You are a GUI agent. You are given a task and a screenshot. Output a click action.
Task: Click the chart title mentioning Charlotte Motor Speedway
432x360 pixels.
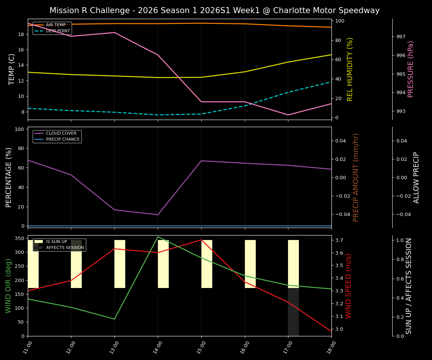(214, 10)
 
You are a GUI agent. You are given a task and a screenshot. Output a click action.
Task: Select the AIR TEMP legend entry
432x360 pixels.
(55, 25)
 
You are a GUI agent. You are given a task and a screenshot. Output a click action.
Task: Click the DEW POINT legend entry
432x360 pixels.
(58, 31)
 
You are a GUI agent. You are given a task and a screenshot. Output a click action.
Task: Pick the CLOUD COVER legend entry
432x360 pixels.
(61, 133)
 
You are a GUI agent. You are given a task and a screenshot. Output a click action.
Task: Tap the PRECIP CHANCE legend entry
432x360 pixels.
(63, 139)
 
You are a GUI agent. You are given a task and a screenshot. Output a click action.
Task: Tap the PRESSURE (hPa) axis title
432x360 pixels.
(411, 69)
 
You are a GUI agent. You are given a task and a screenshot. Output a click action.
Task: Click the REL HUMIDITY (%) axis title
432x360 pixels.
(350, 69)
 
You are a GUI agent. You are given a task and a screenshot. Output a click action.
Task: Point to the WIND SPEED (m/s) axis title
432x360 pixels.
(349, 285)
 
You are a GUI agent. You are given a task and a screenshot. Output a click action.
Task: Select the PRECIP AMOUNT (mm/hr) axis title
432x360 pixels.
(356, 177)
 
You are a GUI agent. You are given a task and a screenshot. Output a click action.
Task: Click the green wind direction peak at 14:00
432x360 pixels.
(158, 237)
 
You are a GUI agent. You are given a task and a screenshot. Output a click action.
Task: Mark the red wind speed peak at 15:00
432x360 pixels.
(201, 240)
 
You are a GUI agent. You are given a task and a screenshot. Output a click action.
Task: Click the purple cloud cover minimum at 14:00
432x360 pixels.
(158, 214)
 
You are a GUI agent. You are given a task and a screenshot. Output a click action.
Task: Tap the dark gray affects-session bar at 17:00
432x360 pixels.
(293, 312)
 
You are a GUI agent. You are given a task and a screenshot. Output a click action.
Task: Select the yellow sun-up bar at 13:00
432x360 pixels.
(120, 264)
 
